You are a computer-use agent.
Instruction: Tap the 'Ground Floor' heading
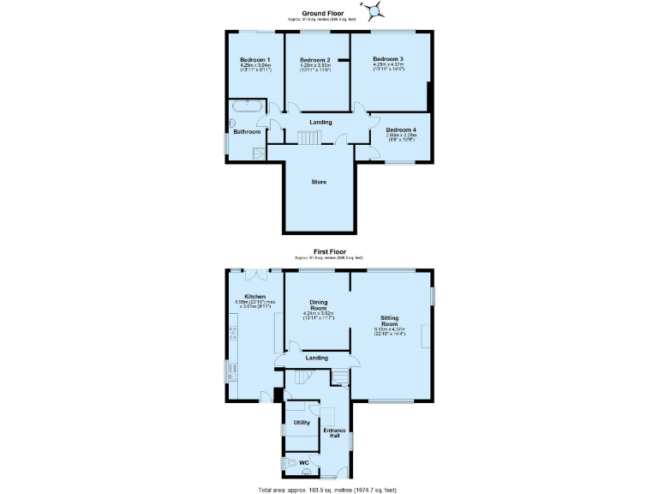328,15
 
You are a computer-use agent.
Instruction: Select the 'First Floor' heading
328,251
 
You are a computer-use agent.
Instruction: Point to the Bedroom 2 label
315,59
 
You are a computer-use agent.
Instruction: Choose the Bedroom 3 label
388,58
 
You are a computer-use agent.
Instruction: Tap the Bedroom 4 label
400,130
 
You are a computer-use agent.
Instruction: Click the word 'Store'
318,182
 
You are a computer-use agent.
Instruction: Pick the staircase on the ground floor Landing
308,138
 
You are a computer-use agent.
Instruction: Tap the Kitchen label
242,297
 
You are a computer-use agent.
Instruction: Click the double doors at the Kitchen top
257,275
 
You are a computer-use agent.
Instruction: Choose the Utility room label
302,423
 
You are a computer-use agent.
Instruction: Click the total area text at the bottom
328,489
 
